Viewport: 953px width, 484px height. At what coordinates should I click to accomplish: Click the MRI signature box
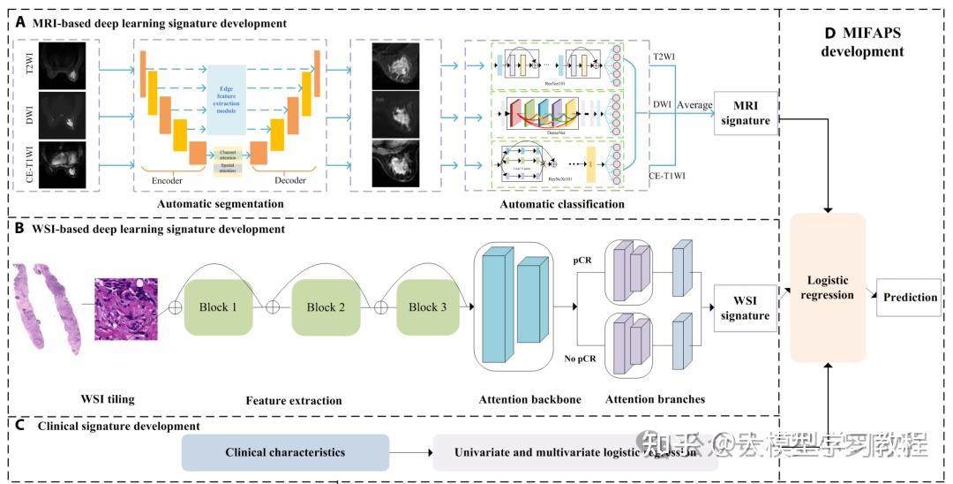click(745, 113)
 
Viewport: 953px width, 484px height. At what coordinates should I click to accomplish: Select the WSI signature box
click(745, 307)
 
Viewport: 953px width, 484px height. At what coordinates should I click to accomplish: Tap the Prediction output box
click(910, 297)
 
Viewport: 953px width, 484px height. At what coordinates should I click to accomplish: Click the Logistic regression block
click(827, 287)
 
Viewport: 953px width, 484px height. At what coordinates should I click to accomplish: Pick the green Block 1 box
click(218, 307)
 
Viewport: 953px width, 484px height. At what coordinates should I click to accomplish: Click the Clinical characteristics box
click(285, 452)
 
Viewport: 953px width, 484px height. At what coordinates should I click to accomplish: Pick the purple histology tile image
click(126, 308)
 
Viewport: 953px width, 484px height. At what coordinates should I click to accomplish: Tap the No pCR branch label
click(579, 358)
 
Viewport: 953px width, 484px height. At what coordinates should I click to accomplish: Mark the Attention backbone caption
click(529, 399)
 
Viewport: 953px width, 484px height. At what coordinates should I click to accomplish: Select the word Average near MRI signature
click(694, 105)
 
